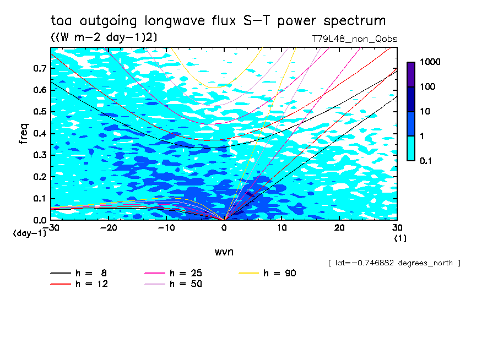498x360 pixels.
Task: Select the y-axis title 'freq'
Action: click(24, 134)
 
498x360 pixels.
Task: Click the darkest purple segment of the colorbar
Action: click(411, 74)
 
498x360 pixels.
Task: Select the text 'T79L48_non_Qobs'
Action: click(354, 39)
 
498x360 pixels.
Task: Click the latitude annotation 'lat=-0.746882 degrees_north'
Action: click(394, 263)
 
